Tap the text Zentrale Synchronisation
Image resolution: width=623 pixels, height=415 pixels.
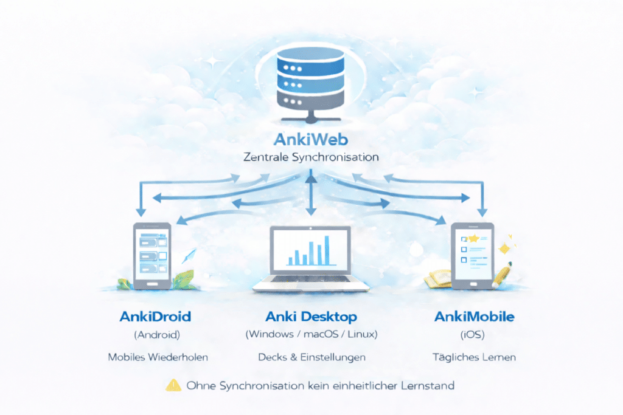tap(311, 157)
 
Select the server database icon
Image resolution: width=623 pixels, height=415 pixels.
tap(311, 82)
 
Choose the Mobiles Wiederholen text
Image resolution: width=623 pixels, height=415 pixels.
tap(158, 357)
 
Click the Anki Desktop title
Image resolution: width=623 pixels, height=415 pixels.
tap(311, 317)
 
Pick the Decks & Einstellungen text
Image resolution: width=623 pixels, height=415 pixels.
tap(311, 357)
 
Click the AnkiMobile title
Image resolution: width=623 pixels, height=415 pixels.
tap(475, 317)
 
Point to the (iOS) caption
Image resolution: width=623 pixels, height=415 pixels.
tap(475, 334)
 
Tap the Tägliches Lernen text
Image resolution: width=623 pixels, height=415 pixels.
tap(475, 357)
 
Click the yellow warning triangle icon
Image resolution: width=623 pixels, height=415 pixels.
tap(173, 385)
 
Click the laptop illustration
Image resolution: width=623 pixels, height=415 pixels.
tap(311, 258)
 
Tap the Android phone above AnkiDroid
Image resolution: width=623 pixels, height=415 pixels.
tap(151, 255)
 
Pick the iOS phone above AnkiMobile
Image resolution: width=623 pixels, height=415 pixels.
tap(472, 255)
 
